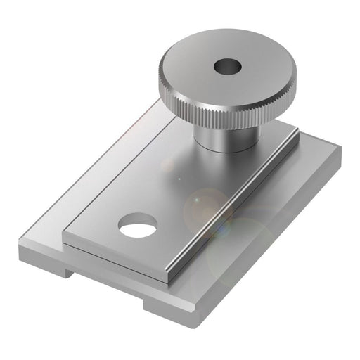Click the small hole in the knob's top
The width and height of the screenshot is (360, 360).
pos(227,68)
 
